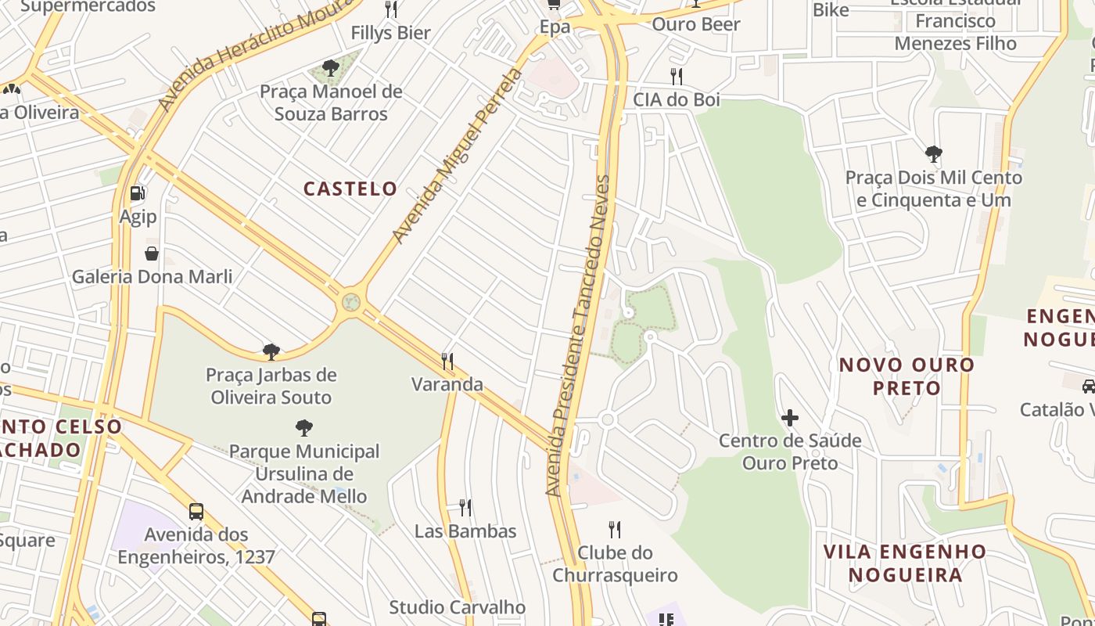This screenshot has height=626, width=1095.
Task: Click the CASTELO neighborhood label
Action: coord(350,189)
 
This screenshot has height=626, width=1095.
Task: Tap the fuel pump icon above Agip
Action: coord(138,192)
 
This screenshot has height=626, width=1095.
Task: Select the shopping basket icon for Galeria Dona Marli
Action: coord(152,254)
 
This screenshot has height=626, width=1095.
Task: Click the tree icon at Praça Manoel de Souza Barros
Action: coord(331,68)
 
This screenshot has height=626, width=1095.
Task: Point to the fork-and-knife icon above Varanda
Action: coord(447,361)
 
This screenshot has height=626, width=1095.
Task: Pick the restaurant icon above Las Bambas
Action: coord(465,508)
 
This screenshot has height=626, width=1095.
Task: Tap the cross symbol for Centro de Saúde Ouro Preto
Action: coord(790,418)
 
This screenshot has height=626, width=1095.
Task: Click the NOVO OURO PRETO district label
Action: coord(907,376)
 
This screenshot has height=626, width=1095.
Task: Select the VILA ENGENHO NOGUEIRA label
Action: coord(905,563)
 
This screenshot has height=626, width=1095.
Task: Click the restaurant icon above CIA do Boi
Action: coord(677,76)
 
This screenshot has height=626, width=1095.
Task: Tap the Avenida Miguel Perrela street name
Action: coord(458,156)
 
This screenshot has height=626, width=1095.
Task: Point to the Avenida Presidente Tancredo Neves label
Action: coord(578,336)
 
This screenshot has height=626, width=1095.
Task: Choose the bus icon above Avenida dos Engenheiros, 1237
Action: coord(196,512)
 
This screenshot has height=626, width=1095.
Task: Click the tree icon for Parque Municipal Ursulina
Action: coord(304,428)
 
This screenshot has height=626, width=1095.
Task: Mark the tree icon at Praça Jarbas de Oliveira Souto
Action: coord(271,351)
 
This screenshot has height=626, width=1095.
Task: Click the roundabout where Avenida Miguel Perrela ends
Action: coord(351,301)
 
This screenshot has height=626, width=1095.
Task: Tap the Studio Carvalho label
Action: coord(457,607)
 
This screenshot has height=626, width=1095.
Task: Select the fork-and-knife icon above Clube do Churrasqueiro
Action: coord(615,530)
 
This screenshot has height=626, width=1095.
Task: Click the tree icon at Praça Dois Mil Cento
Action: coord(933,154)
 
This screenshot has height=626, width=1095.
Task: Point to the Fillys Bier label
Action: coord(390,33)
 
